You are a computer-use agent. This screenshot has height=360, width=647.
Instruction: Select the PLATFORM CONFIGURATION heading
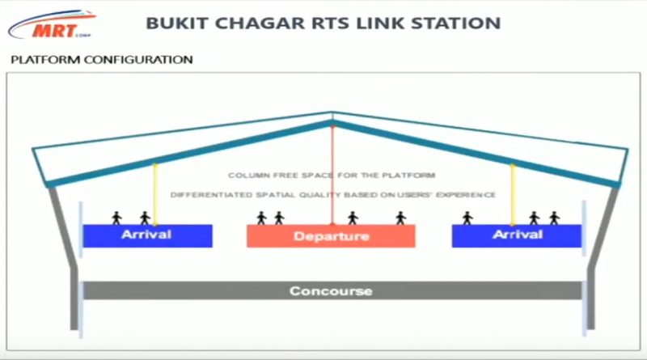pyautogui.click(x=100, y=60)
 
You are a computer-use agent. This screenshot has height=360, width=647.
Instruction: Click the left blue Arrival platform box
pyautogui.click(x=147, y=235)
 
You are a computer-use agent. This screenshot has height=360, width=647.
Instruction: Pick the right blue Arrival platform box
pyautogui.click(x=516, y=235)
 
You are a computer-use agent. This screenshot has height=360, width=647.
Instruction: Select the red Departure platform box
pyautogui.click(x=331, y=236)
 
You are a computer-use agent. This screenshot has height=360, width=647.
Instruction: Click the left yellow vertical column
pyautogui.click(x=154, y=194)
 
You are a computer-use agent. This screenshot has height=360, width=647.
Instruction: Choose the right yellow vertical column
pyautogui.click(x=512, y=194)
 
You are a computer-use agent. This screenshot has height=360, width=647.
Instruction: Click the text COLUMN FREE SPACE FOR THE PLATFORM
pyautogui.click(x=332, y=176)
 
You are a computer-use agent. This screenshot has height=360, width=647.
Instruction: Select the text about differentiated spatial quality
pyautogui.click(x=332, y=195)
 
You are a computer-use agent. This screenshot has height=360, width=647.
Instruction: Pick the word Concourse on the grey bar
pyautogui.click(x=331, y=291)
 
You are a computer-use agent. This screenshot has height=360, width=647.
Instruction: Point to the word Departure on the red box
pyautogui.click(x=331, y=237)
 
